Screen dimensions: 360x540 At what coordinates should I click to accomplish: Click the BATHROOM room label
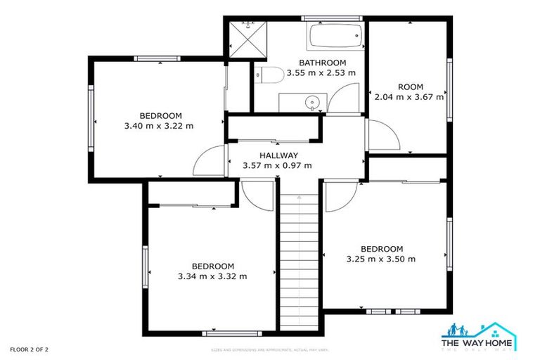click(x=323, y=63)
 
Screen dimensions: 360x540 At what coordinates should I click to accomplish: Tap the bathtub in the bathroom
click(x=335, y=32)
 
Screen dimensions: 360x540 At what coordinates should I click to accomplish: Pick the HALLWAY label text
click(x=278, y=155)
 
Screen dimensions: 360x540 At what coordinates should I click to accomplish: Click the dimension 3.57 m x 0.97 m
click(x=277, y=166)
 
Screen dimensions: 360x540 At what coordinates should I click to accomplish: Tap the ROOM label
click(x=410, y=87)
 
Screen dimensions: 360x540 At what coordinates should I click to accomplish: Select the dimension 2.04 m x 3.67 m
click(x=409, y=98)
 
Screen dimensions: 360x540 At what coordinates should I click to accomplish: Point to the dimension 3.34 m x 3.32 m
click(x=212, y=276)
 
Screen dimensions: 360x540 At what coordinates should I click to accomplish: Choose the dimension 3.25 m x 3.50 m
click(x=381, y=259)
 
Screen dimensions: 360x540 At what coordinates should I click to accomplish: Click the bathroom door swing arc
click(x=345, y=98)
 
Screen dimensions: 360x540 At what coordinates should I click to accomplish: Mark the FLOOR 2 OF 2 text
click(x=29, y=349)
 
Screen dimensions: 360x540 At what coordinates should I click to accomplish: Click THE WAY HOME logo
click(x=478, y=335)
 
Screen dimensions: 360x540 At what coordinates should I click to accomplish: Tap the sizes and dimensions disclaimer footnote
click(x=270, y=349)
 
